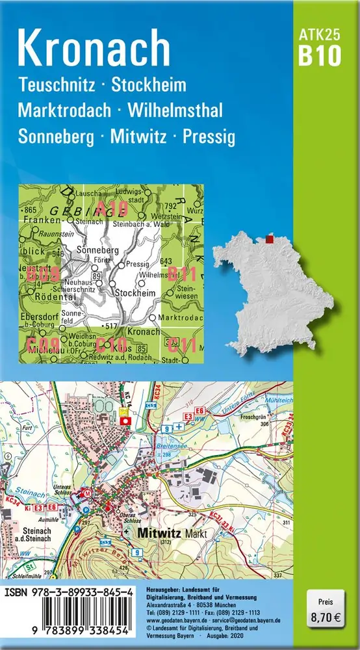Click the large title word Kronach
point(95,49)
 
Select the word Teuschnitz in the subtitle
point(58,84)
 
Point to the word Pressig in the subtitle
point(209,137)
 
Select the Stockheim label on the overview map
point(135,293)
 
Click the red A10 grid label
point(110,208)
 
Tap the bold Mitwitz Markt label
point(164,532)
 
